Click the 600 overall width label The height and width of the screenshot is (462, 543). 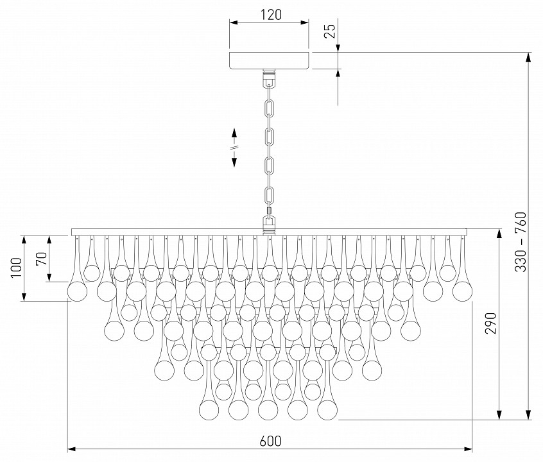click(x=270, y=441)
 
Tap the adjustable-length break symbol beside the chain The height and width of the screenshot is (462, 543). click(x=234, y=147)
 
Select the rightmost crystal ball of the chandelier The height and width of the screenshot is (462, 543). click(x=462, y=291)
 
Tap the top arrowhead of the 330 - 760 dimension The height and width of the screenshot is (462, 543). click(x=528, y=56)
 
